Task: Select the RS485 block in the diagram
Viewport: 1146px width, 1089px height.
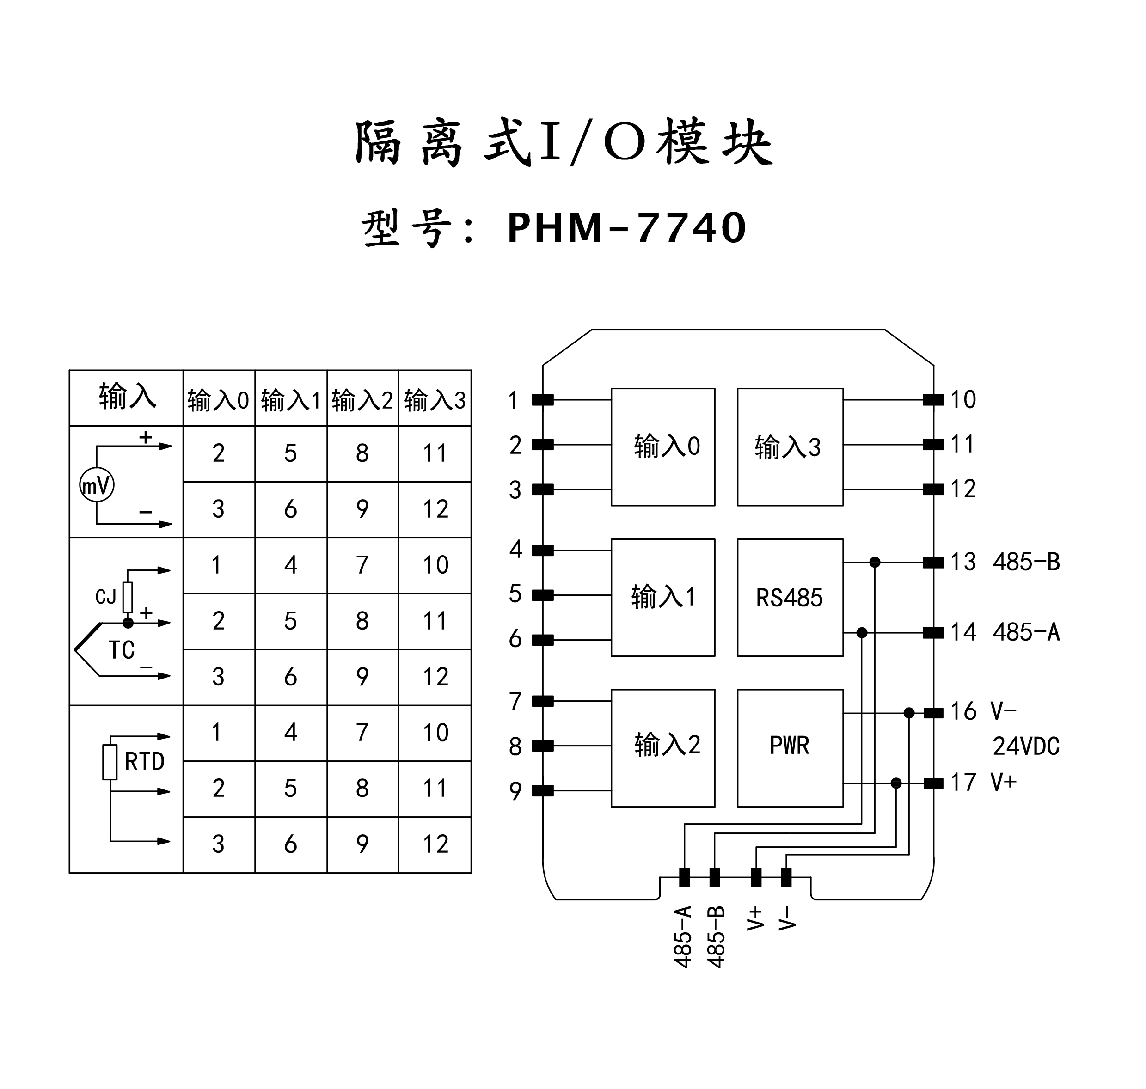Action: (790, 597)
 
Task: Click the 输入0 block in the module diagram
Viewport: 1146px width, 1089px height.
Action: (662, 447)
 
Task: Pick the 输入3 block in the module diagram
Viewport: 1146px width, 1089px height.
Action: (790, 447)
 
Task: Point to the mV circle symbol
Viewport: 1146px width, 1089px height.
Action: (96, 485)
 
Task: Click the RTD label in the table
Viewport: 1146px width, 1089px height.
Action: (145, 761)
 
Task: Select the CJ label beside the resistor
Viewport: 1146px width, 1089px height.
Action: (106, 596)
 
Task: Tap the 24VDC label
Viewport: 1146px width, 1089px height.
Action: (1026, 746)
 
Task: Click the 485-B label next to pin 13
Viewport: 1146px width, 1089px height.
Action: (1026, 562)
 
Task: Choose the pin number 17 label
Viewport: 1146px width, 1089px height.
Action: (963, 783)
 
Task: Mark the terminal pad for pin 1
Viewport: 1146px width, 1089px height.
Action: (543, 400)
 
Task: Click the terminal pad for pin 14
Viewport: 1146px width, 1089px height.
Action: (933, 632)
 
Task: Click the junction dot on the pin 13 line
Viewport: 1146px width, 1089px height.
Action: (875, 562)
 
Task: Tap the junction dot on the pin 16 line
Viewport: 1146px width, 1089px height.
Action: (909, 713)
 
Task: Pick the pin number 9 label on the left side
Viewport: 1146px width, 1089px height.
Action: (515, 790)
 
